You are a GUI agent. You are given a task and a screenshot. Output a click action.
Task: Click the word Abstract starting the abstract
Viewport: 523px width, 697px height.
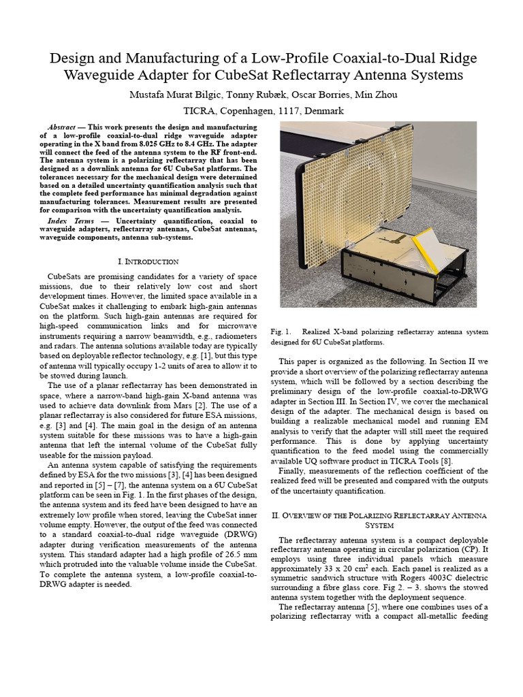point(62,127)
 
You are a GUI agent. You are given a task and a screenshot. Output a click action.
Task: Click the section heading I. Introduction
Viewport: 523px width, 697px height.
point(148,261)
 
